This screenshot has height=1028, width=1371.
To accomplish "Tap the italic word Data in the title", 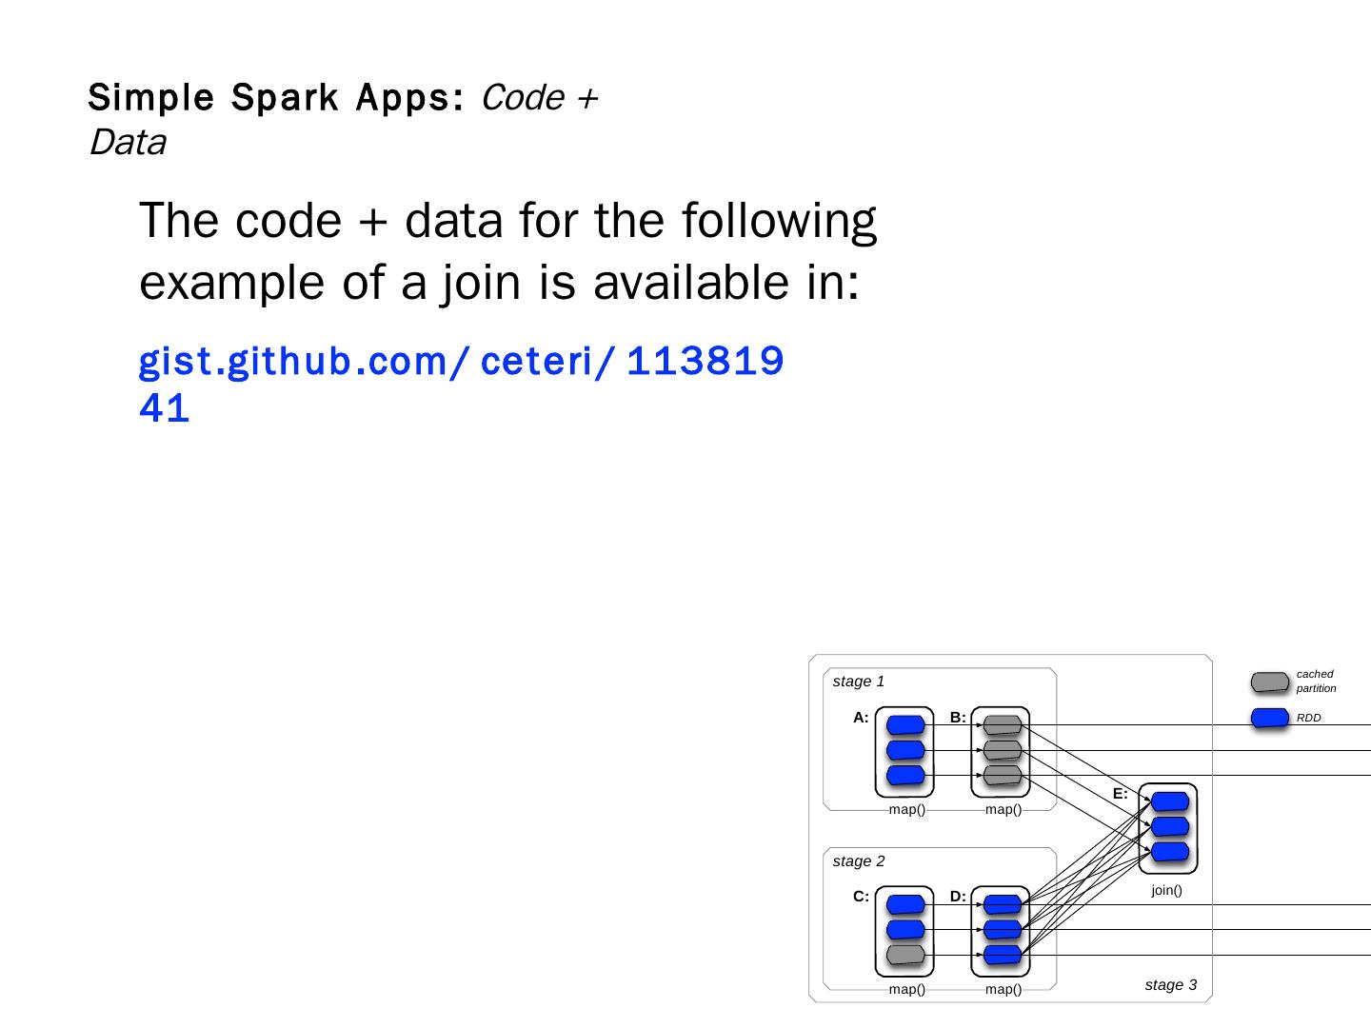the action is (x=128, y=143).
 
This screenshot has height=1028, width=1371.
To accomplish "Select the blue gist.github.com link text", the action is (x=461, y=362).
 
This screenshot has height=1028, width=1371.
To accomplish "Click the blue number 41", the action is (x=165, y=408).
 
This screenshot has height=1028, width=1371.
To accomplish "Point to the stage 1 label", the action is (x=858, y=682).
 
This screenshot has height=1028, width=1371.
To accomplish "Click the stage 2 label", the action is (x=858, y=861).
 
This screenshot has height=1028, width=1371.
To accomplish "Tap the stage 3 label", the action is (x=1170, y=985).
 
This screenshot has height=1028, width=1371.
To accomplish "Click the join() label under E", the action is (x=1166, y=891).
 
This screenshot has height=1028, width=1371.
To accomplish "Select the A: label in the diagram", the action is (x=861, y=718).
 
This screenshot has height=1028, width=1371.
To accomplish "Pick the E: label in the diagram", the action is (x=1120, y=794).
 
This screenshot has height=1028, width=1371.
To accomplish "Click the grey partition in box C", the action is (x=905, y=955).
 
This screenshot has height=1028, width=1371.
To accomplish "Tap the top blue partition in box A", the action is (x=905, y=725).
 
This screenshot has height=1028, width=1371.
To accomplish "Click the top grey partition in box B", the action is (x=1002, y=725).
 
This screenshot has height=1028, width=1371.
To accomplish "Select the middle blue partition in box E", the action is (x=1169, y=826).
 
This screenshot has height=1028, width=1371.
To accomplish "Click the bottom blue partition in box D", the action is (x=1002, y=955).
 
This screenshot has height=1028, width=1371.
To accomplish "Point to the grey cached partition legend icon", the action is (x=1269, y=682).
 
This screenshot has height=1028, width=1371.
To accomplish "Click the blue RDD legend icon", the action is (x=1269, y=718).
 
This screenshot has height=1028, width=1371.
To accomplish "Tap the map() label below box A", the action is (x=906, y=810).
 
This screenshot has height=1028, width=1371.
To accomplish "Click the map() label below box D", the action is (x=1003, y=990).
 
